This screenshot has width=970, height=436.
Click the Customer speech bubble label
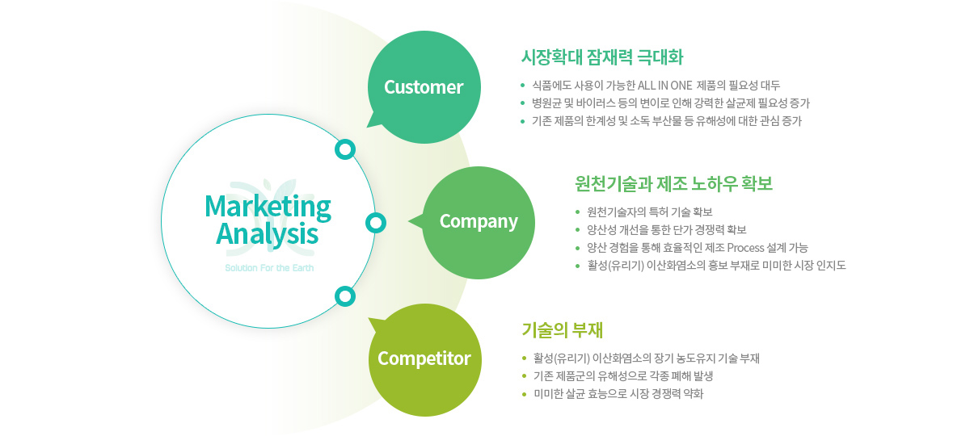[424, 87]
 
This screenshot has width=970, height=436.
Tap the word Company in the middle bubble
[479, 222]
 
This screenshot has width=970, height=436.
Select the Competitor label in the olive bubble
[424, 358]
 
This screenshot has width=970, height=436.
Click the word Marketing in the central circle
[268, 208]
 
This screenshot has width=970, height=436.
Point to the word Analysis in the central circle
[268, 235]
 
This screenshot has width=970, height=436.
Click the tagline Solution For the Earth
[269, 268]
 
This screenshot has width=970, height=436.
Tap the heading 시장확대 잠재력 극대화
[602, 57]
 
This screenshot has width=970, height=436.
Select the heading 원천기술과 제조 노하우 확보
[674, 184]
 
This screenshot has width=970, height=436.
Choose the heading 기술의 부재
[562, 330]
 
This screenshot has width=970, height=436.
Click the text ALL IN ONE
[664, 86]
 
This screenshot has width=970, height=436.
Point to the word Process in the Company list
[745, 248]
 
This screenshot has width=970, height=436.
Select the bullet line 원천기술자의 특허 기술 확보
[650, 212]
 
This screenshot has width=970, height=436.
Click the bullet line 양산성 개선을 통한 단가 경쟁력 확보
[666, 229]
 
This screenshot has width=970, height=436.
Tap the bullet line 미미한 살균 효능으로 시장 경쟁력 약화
[618, 394]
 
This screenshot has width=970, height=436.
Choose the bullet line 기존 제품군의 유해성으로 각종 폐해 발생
[623, 376]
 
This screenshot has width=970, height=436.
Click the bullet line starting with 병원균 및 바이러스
[671, 103]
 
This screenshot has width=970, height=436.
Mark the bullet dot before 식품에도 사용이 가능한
[523, 86]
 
